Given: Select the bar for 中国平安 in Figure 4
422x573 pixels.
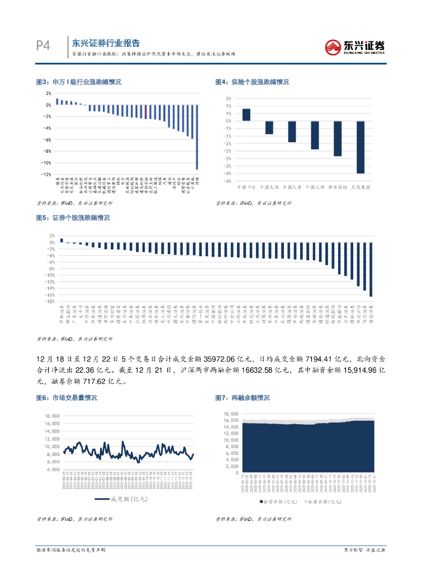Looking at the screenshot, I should [246, 115].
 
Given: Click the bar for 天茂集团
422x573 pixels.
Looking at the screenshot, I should [361, 147].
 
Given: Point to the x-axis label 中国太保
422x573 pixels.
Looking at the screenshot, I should [269, 187].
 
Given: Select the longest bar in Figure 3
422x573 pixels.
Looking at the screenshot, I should [197, 137].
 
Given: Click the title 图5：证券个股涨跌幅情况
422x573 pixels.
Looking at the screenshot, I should [73, 218].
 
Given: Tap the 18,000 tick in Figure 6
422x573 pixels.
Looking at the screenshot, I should [52, 416].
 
